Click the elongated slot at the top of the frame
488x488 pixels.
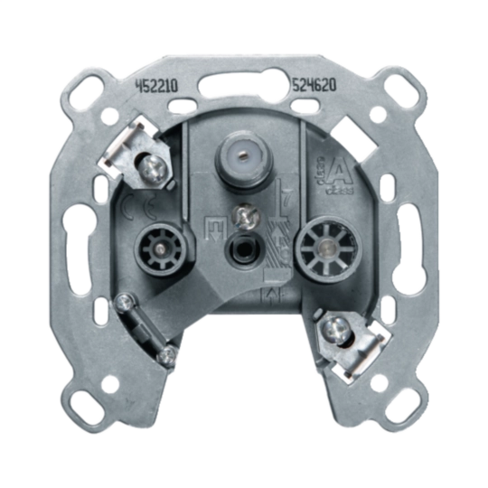(242, 89)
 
